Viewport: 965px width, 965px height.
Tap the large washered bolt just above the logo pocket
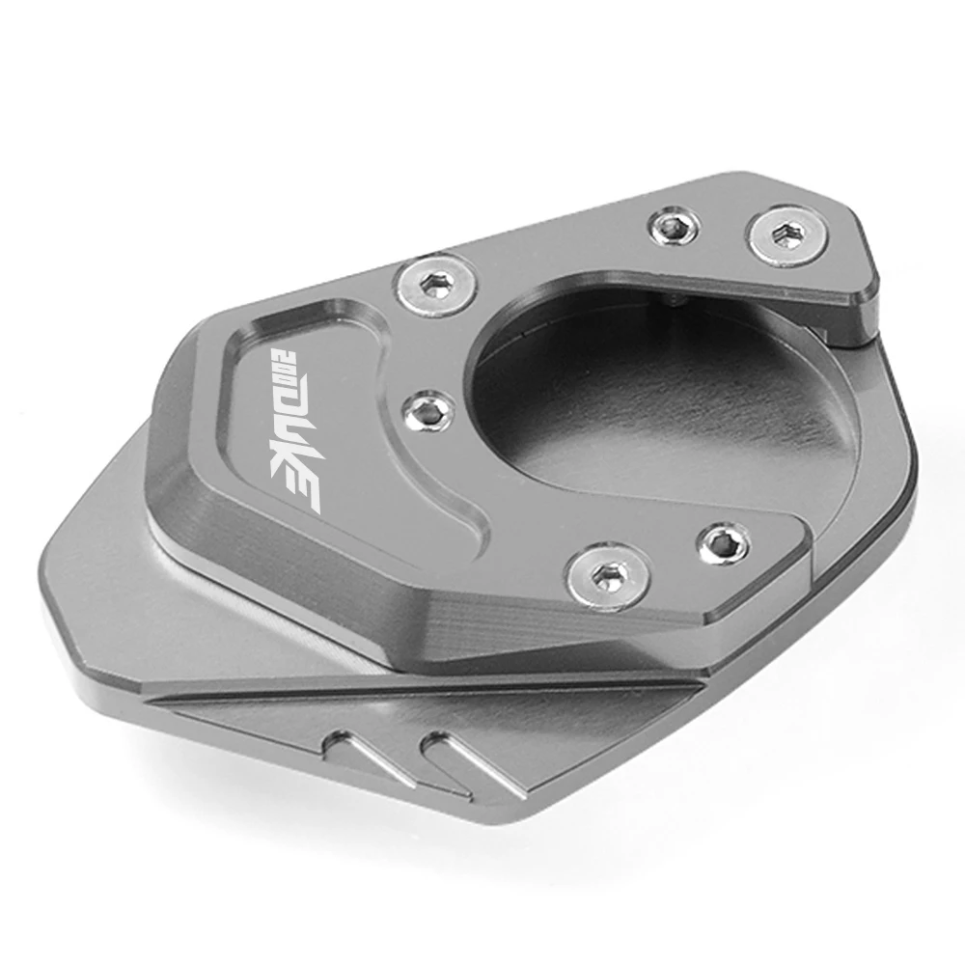[x=436, y=285]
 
